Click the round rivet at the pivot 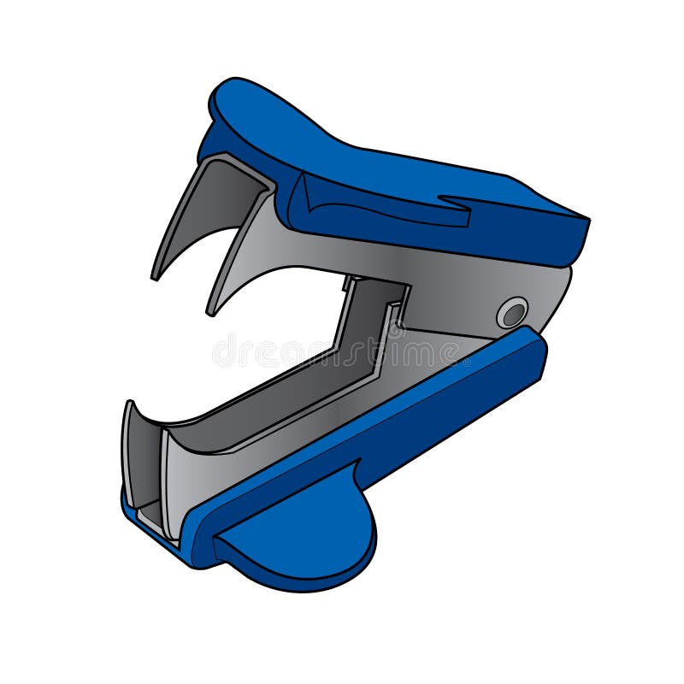[513, 313]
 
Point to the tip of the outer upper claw [156, 276]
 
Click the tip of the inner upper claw [210, 312]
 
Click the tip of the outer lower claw [129, 404]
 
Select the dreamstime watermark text [342, 351]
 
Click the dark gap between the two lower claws [150, 479]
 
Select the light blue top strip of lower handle [359, 419]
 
